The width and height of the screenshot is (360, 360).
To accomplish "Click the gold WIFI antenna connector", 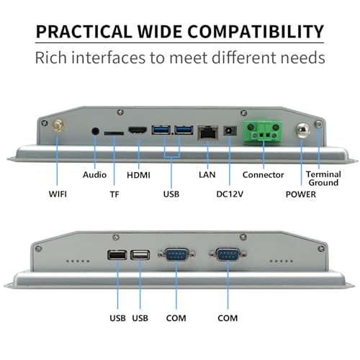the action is [58, 125].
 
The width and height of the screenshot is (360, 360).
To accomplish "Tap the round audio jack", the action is [95, 132].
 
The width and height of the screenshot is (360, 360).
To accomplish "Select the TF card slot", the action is [114, 133].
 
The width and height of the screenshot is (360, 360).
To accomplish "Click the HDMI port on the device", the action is [138, 130].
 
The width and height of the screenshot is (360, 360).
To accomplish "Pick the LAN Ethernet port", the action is [208, 132].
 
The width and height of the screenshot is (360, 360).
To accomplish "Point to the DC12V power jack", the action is [230, 131].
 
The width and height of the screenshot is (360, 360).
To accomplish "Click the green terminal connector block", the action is [263, 131].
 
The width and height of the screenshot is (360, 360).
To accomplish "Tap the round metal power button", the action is [303, 131].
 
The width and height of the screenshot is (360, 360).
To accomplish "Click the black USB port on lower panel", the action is [117, 255].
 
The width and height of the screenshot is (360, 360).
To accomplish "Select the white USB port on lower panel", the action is [140, 255].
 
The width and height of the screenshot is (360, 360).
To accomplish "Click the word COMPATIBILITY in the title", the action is [256, 32].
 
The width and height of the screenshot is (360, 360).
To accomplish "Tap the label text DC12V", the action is [230, 194].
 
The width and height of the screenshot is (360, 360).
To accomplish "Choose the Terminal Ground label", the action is [323, 179].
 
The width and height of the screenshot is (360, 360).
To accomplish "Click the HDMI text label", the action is [138, 175].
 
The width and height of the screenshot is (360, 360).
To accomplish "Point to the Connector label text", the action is [263, 175].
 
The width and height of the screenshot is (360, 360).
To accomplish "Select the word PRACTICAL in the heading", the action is [84, 32].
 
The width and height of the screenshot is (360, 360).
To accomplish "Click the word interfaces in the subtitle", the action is [109, 58].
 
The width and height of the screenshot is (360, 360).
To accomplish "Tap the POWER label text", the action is [301, 194].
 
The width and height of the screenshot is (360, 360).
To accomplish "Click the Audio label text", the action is [94, 175].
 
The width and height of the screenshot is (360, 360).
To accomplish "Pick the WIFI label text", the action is [58, 194].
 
